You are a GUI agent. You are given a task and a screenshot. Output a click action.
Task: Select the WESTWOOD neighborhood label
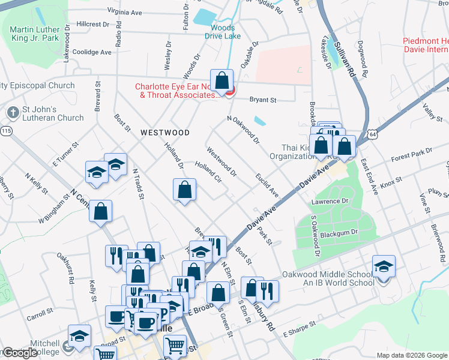(x=164, y=133)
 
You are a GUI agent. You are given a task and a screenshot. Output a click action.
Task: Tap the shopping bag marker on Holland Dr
(x=184, y=190)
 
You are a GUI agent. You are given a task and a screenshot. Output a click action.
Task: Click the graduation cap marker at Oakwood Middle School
(x=384, y=266)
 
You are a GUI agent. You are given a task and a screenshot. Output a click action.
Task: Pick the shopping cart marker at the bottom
(x=175, y=345)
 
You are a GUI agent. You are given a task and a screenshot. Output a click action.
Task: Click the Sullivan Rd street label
(x=345, y=58)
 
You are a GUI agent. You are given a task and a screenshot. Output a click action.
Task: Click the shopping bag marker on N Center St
(x=101, y=211)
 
